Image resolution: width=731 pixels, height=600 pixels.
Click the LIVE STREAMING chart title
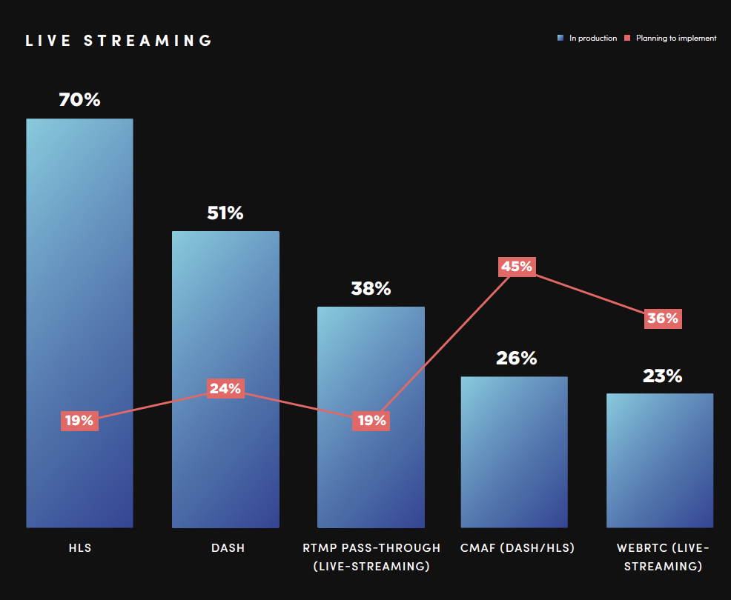pyautogui.click(x=119, y=41)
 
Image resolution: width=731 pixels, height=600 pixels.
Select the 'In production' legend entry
pyautogui.click(x=587, y=38)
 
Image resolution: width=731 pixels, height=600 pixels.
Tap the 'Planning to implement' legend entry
pyautogui.click(x=670, y=38)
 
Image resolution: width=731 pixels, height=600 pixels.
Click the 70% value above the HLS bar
pyautogui.click(x=79, y=99)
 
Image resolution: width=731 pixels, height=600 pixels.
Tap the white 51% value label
pyautogui.click(x=225, y=213)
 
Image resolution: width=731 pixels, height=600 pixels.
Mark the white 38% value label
pyautogui.click(x=371, y=289)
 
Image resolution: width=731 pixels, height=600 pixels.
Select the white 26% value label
pyautogui.click(x=516, y=359)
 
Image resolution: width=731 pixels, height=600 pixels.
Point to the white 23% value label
pyautogui.click(x=662, y=376)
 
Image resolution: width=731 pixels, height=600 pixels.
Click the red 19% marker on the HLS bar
pyautogui.click(x=79, y=421)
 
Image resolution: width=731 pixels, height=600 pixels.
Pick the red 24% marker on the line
pyautogui.click(x=225, y=389)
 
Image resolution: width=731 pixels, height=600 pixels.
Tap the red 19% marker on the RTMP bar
pyautogui.click(x=371, y=421)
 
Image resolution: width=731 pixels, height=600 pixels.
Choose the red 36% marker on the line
pyautogui.click(x=662, y=319)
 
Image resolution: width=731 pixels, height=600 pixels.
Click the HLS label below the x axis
pyautogui.click(x=79, y=548)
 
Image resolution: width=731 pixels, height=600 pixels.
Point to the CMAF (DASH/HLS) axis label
pyautogui.click(x=517, y=548)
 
